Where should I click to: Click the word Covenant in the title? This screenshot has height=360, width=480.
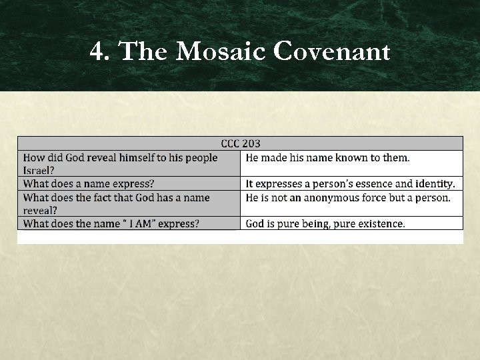click(x=331, y=51)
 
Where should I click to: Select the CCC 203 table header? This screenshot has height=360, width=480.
click(x=240, y=143)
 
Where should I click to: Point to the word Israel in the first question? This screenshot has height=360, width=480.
click(x=39, y=170)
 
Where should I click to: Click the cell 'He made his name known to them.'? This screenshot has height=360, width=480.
click(x=327, y=157)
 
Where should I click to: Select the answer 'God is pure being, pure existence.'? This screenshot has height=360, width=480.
click(x=325, y=223)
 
